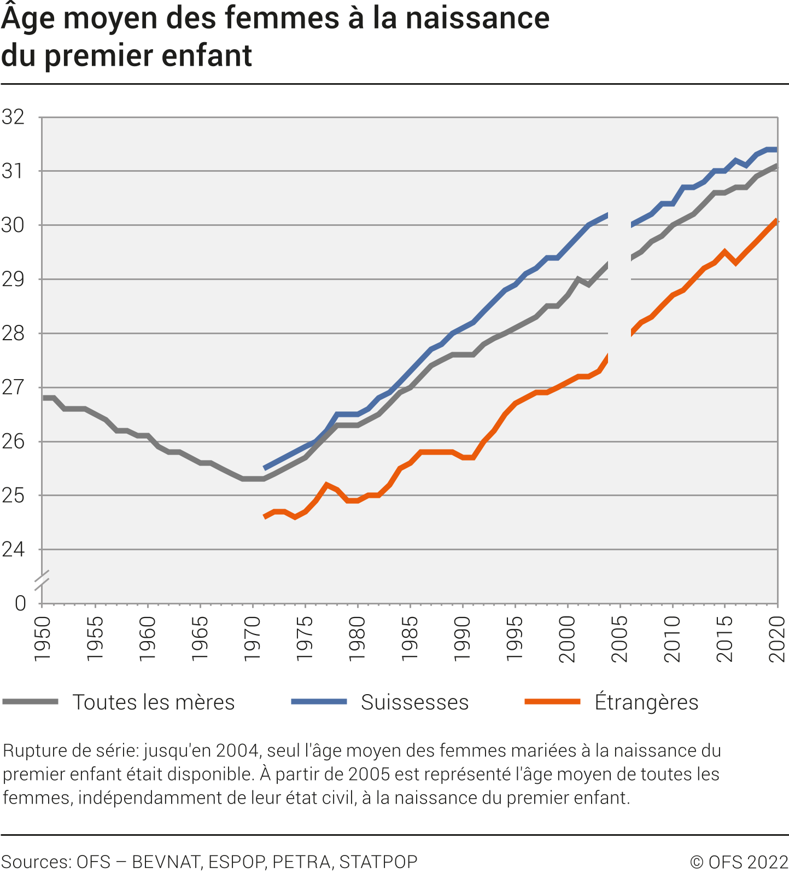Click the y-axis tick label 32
tap(13, 117)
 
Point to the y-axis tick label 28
tap(13, 333)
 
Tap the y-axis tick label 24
tap(13, 549)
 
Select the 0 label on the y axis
tap(20, 603)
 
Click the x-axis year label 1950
tap(43, 638)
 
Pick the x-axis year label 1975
tap(305, 638)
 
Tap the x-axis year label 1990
tap(462, 638)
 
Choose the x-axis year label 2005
tap(619, 638)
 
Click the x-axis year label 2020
tap(777, 638)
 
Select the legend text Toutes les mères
tap(154, 702)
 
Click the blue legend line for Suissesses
tap(319, 702)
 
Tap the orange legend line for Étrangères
tap(552, 702)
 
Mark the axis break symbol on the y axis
tap(42, 580)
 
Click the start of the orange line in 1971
tap(265, 516)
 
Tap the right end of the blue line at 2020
tap(776, 149)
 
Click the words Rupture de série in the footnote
tap(71, 750)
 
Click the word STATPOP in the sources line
tap(378, 862)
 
